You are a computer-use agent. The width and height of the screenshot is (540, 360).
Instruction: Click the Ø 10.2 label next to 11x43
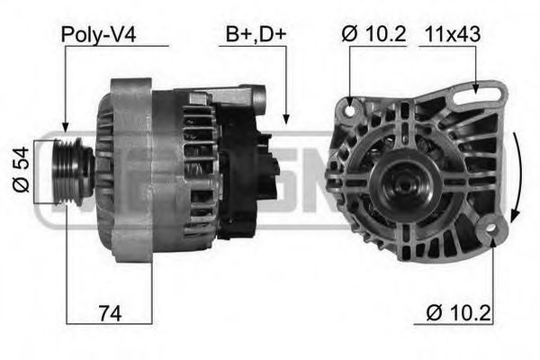pos(374,34)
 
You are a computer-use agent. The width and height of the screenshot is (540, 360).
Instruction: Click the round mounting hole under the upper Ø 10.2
pos(350,109)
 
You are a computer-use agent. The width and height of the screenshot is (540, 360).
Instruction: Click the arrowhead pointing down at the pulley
pos(65,128)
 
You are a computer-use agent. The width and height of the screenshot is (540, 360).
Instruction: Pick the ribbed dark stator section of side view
pos(196,171)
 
